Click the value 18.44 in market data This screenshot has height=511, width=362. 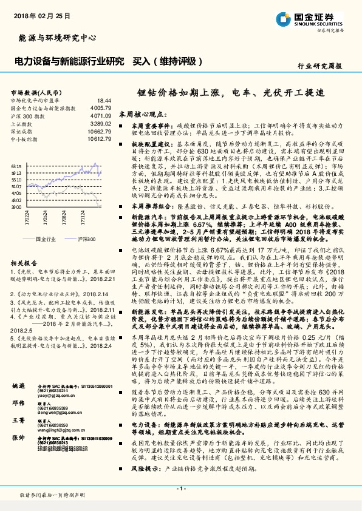[104, 100]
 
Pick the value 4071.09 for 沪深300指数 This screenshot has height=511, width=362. [101, 115]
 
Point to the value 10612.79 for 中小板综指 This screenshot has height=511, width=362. [99, 139]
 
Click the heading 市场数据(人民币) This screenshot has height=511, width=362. [35, 92]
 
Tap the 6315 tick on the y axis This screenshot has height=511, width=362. [16, 164]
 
